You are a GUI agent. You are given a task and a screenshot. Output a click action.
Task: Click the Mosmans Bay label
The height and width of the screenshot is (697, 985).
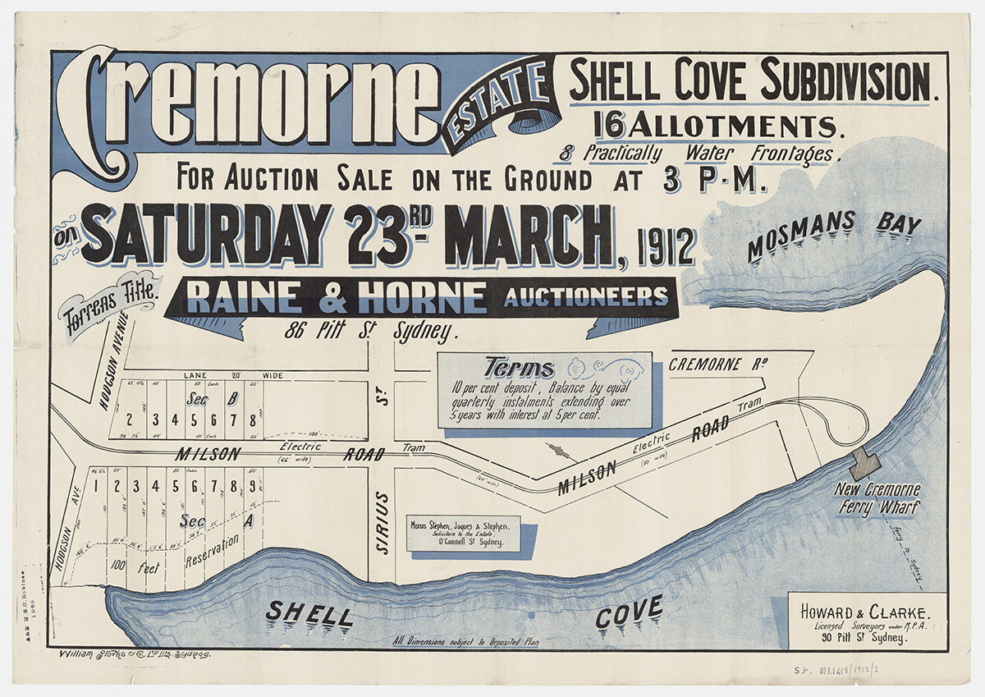click(x=833, y=234)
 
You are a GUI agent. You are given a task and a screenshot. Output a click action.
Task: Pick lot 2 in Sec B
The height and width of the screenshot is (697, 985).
click(x=130, y=419)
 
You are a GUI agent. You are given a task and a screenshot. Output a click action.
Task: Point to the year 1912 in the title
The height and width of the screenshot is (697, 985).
click(x=666, y=245)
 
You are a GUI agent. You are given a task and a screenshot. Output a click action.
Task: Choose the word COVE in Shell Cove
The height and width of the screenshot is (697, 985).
click(x=629, y=612)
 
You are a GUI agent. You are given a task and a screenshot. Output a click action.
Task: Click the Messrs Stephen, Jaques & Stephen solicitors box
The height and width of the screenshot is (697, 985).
click(x=460, y=533)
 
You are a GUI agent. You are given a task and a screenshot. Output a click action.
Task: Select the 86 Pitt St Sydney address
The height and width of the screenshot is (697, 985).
click(x=369, y=332)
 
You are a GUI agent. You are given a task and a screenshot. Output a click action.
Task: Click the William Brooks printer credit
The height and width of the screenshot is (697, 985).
click(x=135, y=654)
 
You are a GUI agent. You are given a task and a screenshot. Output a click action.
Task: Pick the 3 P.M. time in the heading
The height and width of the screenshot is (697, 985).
click(x=713, y=178)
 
